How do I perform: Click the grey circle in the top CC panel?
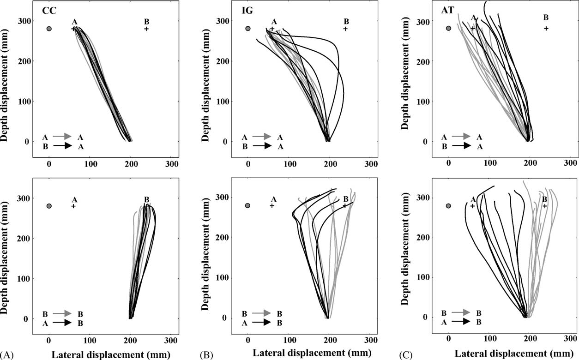(x=49, y=29)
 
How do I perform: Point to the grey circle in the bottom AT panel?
(x=448, y=206)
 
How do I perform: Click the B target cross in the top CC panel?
(x=146, y=29)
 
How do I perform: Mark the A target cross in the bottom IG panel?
(x=272, y=205)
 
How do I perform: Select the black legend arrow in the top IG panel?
(x=261, y=146)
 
